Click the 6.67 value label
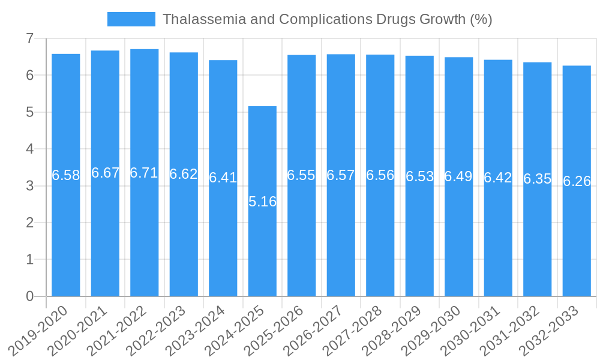tap(105, 173)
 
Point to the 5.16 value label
tap(262, 202)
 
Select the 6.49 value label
tap(458, 177)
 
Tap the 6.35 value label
tap(537, 179)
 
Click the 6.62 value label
tap(184, 175)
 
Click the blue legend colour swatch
tap(131, 19)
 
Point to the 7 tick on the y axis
tap(29, 38)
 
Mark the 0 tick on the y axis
tap(29, 296)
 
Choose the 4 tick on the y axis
tap(29, 149)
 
